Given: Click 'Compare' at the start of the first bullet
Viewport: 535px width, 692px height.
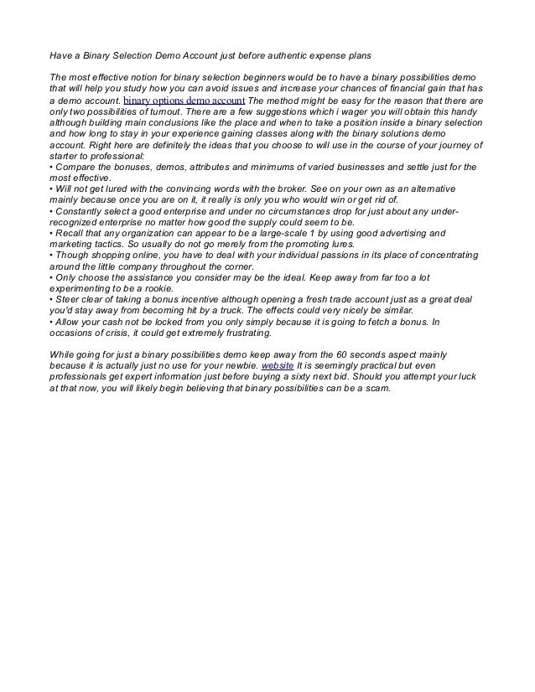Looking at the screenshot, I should click(x=76, y=168).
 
